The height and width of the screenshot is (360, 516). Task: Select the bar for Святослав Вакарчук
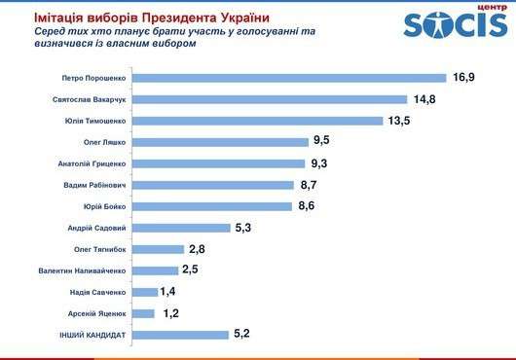pos(268,99)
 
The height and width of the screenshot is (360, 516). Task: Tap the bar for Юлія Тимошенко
pos(257,121)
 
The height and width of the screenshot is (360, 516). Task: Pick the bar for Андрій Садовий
pos(180,228)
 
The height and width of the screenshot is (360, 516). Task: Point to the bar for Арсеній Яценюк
pos(142,313)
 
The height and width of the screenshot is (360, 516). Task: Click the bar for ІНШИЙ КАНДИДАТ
pos(179,335)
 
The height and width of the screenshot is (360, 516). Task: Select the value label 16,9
pos(461,78)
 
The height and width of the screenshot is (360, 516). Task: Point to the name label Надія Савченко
pos(93,292)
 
